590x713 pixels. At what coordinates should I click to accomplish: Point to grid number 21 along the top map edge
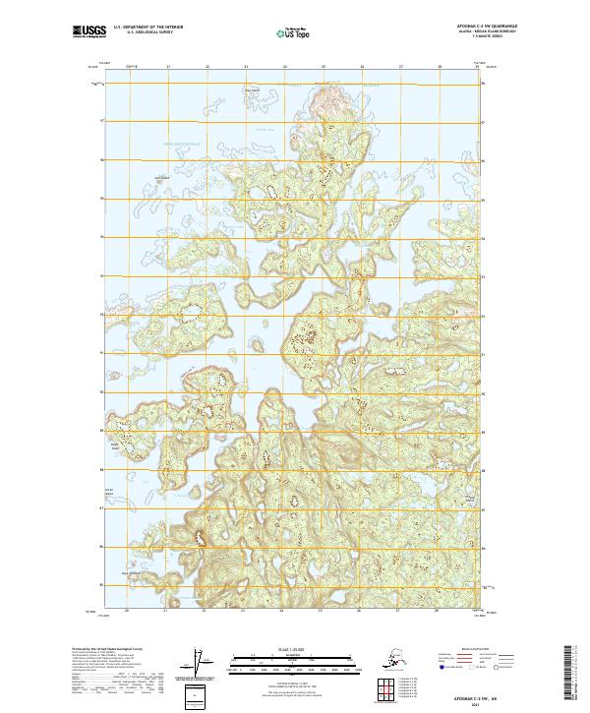(168, 67)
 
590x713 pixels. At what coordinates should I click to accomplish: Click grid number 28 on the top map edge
(440, 67)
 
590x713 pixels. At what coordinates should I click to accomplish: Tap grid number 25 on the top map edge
(324, 67)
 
